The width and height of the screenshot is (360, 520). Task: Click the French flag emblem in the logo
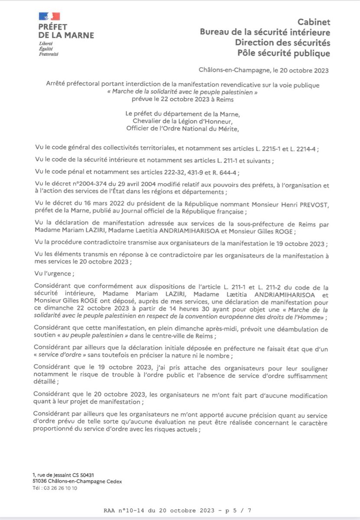[x=49, y=16]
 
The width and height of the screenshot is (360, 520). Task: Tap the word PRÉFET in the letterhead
[x=52, y=27]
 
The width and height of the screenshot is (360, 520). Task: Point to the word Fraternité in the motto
[x=49, y=54]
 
